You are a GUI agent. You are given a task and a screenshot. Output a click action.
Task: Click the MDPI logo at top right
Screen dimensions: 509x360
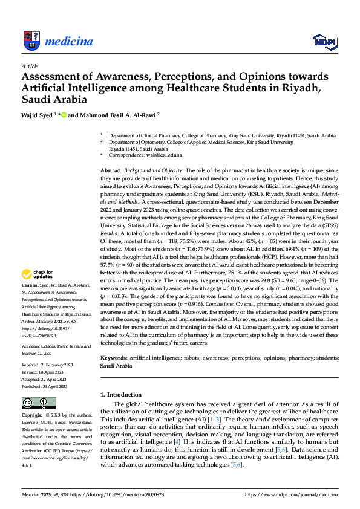pyautogui.click(x=324, y=41)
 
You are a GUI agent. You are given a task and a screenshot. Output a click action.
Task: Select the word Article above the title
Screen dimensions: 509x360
pyautogui.click(x=30, y=66)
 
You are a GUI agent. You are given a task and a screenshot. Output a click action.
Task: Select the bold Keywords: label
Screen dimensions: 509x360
pyautogui.click(x=115, y=358)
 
